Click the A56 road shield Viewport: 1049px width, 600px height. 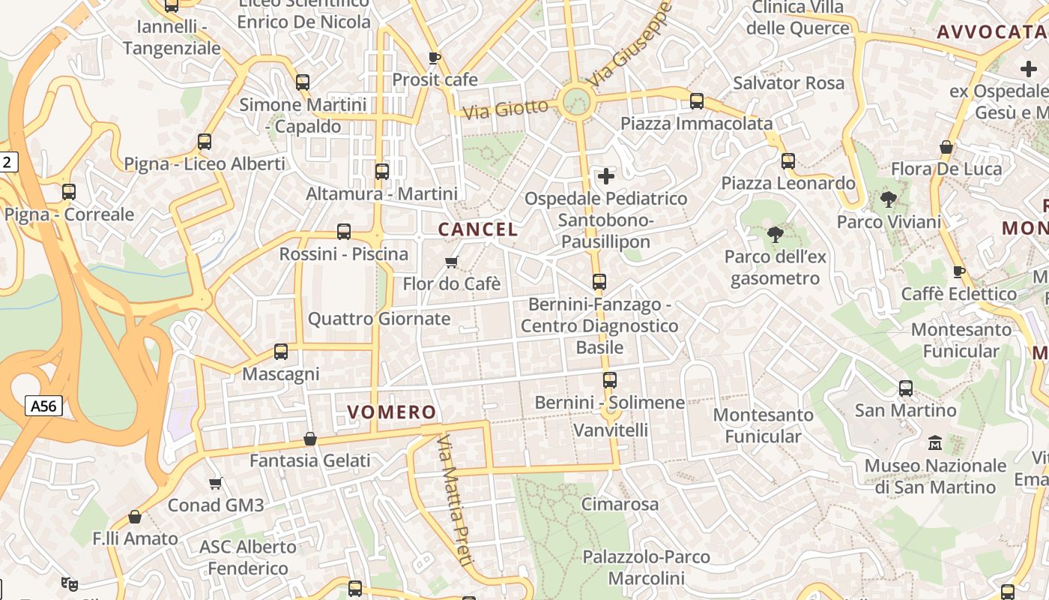click(43, 406)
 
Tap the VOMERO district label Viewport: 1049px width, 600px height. click(391, 412)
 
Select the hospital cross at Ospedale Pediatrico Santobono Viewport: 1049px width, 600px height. click(605, 176)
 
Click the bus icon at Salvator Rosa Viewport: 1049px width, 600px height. click(697, 100)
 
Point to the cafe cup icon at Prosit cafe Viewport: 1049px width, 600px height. click(434, 58)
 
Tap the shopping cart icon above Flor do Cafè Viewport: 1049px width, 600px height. click(451, 262)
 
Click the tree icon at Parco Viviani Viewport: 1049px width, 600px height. click(889, 199)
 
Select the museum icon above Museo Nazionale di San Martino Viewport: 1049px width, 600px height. click(935, 443)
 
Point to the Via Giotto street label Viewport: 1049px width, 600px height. click(505, 109)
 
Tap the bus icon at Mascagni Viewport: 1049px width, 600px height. click(281, 351)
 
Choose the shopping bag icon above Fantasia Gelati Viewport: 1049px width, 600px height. click(310, 439)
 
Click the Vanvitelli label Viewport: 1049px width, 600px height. click(610, 430)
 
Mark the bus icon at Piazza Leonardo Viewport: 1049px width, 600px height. click(787, 160)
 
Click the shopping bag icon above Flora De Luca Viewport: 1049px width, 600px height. click(946, 147)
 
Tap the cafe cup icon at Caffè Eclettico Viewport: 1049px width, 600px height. click(958, 271)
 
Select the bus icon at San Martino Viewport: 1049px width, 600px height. click(906, 388)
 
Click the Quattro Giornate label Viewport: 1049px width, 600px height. click(379, 319)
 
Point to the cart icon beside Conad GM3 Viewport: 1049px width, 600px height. click(216, 483)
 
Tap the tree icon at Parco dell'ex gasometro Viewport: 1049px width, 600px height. click(776, 235)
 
